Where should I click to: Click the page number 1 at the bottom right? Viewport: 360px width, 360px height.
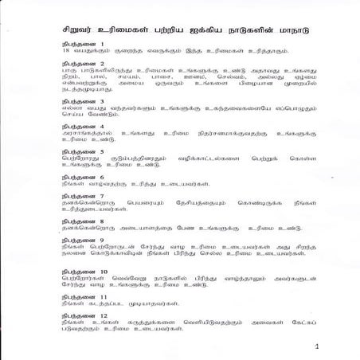click(x=316, y=347)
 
